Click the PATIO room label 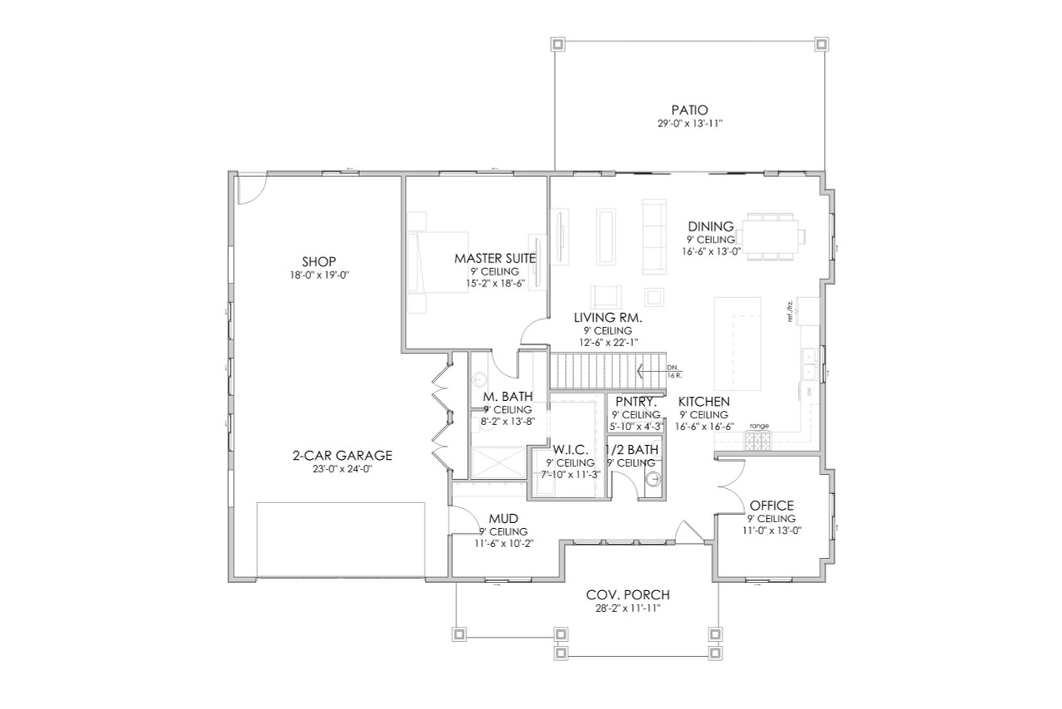689,110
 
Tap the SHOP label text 319,261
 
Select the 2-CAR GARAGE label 342,455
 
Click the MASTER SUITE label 494,258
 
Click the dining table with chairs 772,236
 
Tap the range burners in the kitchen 758,442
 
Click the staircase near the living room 607,369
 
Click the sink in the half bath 654,479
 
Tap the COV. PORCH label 627,595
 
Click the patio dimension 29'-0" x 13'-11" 689,124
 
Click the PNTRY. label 636,403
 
